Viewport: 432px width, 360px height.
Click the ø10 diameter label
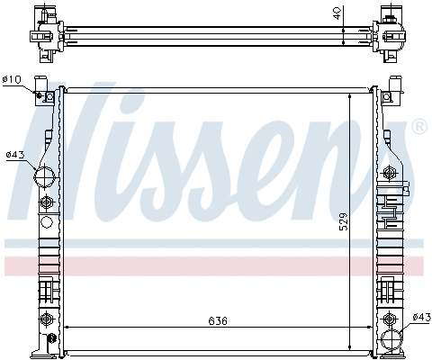click(x=12, y=80)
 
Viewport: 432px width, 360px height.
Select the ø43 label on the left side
click(x=13, y=155)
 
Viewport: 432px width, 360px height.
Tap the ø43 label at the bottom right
click(x=419, y=317)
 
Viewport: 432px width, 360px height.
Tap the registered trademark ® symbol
click(x=419, y=129)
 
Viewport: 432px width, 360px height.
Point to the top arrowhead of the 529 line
click(x=351, y=92)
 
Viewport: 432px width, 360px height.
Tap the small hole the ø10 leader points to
click(x=40, y=94)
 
